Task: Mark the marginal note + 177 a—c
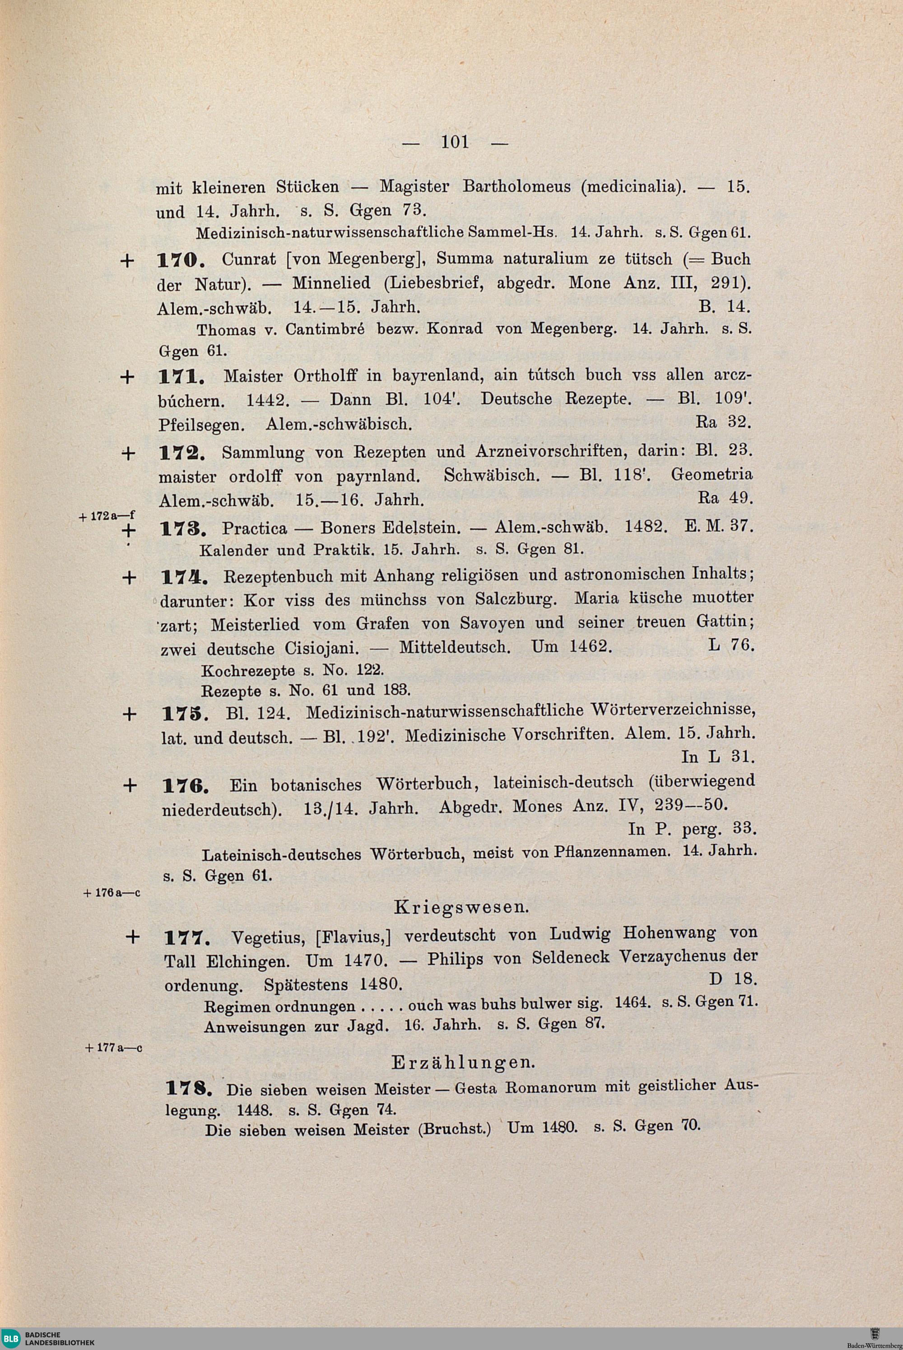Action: [113, 1048]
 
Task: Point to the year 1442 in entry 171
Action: [263, 400]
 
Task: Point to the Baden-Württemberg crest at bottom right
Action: [874, 1335]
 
